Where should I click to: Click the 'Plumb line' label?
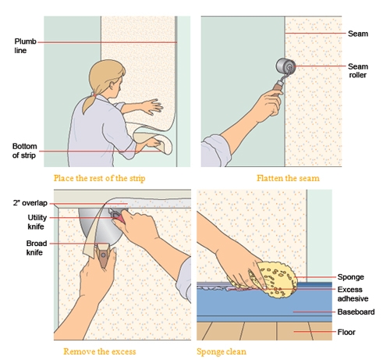click(x=25, y=46)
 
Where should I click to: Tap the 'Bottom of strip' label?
click(x=24, y=151)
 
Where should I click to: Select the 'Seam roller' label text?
click(x=358, y=70)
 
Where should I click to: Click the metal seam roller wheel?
click(x=285, y=66)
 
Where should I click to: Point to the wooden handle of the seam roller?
click(x=278, y=87)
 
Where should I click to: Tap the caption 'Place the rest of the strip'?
click(x=99, y=178)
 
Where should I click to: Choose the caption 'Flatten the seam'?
click(x=288, y=178)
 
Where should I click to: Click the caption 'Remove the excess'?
click(x=100, y=351)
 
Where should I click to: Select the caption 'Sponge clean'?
click(x=222, y=351)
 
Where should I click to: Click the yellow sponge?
click(x=273, y=280)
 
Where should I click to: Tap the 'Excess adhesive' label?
click(x=353, y=294)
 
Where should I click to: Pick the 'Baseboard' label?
click(x=356, y=312)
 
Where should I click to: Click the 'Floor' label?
click(x=346, y=332)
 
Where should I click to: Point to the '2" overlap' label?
click(x=30, y=203)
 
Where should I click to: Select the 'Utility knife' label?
click(x=37, y=222)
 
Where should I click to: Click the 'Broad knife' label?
click(x=37, y=248)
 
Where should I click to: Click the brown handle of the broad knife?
click(x=103, y=256)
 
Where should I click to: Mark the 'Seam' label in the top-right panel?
click(x=358, y=34)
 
